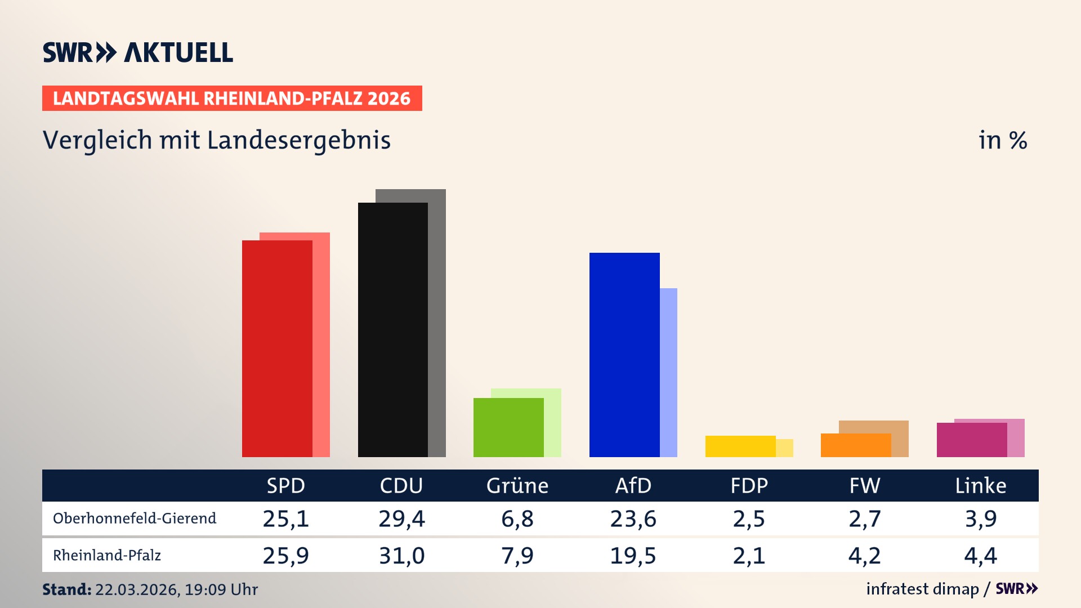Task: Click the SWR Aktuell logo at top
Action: [138, 52]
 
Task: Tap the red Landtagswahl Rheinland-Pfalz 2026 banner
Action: [232, 99]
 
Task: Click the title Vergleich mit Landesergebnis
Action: [217, 140]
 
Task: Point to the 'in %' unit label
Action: [1003, 140]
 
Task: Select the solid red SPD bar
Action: [277, 349]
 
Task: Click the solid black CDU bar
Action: [392, 330]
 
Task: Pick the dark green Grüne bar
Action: [508, 427]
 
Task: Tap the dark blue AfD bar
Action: [624, 355]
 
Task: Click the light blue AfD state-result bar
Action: [669, 372]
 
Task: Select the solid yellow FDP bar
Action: [740, 446]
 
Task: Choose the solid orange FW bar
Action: [856, 445]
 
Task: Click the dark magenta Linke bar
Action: [972, 440]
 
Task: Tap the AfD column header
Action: [633, 486]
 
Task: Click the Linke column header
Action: [980, 486]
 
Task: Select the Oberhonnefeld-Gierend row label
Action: [135, 518]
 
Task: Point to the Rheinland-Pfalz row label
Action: [107, 556]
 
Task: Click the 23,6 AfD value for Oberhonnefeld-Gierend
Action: [633, 518]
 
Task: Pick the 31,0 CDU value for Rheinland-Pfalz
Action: [401, 556]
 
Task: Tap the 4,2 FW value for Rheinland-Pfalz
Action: [864, 556]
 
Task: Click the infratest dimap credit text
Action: [922, 589]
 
